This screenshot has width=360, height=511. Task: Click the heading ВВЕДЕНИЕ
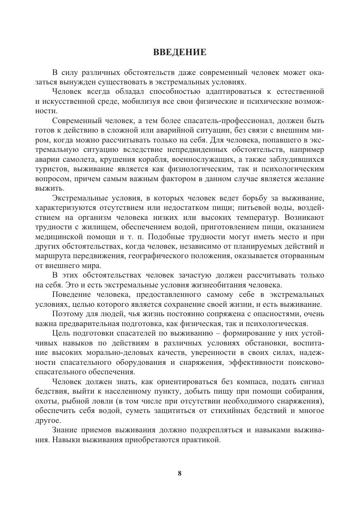coord(179,52)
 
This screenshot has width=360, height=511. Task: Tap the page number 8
coord(180,473)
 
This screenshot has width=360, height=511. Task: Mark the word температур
coord(249,217)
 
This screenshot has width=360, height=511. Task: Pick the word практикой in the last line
coord(202,439)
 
